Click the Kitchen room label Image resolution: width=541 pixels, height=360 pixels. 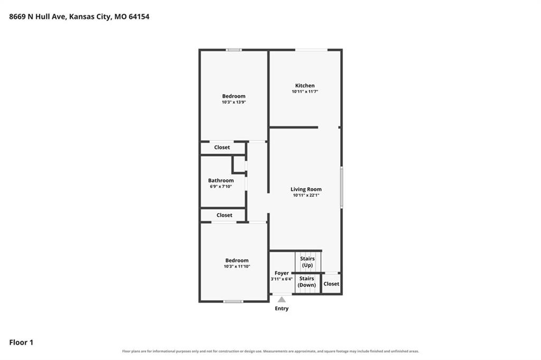305,86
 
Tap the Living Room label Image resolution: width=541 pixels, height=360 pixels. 306,189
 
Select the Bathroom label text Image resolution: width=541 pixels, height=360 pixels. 221,180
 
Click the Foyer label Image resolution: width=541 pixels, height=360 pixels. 282,273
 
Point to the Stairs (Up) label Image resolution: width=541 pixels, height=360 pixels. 307,262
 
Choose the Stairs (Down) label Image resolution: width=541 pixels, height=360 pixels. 307,282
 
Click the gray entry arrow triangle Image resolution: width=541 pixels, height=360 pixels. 282,299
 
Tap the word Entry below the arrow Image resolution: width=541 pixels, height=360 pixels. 282,309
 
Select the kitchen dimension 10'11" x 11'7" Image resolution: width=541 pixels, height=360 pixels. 305,92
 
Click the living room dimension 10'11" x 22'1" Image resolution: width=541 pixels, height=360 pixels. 306,196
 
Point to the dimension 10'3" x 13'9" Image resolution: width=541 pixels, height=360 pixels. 234,102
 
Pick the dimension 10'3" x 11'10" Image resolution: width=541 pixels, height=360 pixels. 237,266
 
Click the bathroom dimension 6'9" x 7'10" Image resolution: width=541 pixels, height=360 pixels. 221,187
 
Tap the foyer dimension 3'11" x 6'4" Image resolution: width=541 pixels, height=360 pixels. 282,279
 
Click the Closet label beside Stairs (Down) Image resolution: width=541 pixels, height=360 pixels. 331,284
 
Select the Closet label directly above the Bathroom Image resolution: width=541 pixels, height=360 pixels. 222,147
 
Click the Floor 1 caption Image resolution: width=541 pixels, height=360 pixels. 21,343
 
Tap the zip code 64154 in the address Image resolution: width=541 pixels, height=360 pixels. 139,16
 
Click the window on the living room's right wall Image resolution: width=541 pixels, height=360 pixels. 342,188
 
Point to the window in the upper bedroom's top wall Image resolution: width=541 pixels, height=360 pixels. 234,50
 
